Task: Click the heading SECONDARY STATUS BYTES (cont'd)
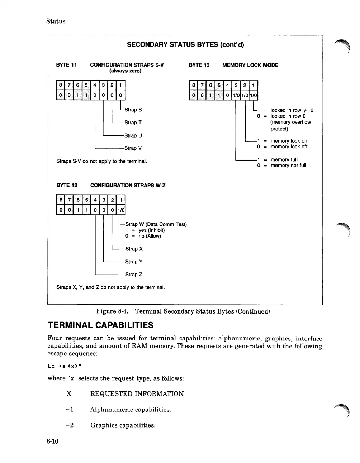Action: [185, 45]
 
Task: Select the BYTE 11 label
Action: [67, 65]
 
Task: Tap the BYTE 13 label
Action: [199, 65]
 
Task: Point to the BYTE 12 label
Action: [67, 185]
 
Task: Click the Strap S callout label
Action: [133, 110]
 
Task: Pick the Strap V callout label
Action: [133, 148]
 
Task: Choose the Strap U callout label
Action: [133, 135]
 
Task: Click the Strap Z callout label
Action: [134, 275]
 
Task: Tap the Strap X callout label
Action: [134, 249]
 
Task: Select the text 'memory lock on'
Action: [289, 141]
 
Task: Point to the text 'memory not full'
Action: [288, 166]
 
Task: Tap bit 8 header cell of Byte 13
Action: [194, 85]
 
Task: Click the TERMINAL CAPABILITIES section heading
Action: [100, 325]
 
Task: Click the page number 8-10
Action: [52, 441]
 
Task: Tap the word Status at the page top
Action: [56, 21]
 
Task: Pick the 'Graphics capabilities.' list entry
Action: [123, 425]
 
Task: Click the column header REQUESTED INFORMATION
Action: [137, 394]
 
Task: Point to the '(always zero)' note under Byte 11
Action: [125, 71]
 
